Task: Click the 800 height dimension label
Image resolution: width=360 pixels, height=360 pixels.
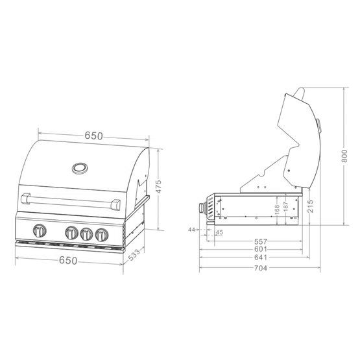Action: [344, 156]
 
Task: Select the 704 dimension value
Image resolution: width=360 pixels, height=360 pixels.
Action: [261, 268]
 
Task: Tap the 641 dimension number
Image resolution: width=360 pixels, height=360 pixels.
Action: [261, 258]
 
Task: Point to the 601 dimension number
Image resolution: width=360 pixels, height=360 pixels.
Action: [261, 249]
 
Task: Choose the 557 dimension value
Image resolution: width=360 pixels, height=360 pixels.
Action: [261, 241]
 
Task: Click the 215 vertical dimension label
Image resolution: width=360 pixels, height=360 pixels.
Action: [310, 206]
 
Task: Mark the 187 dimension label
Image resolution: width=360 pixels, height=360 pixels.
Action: [285, 206]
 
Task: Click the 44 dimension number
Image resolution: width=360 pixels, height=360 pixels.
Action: [191, 230]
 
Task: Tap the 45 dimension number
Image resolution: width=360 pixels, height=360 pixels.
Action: [219, 232]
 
